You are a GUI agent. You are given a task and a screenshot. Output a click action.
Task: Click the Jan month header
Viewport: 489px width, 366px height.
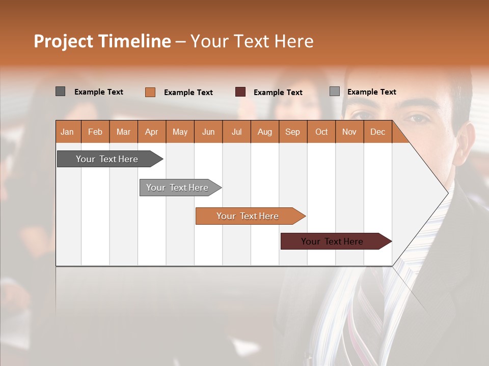click(x=67, y=132)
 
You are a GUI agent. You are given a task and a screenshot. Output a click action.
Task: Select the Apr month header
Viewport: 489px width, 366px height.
click(x=151, y=132)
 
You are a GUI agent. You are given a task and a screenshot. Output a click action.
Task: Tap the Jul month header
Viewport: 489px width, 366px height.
click(x=236, y=132)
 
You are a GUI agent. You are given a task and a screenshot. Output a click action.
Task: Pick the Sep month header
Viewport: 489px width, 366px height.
click(x=292, y=132)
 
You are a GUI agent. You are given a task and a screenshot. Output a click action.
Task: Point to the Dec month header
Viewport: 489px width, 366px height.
click(x=377, y=132)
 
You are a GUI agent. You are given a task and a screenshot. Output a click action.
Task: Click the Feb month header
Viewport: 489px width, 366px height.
click(x=95, y=132)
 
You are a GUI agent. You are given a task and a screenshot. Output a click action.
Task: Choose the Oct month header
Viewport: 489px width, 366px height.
click(x=321, y=132)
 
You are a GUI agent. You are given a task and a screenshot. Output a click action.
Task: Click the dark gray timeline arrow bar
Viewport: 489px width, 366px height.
click(x=107, y=159)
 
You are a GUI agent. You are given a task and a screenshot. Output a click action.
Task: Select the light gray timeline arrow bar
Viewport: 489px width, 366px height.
click(x=177, y=188)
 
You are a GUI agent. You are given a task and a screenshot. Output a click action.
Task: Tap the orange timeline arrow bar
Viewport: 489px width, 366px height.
click(x=248, y=216)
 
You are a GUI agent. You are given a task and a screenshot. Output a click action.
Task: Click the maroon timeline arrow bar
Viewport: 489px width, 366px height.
click(x=332, y=241)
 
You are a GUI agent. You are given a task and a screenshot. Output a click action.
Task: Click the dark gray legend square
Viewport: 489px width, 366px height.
click(x=60, y=91)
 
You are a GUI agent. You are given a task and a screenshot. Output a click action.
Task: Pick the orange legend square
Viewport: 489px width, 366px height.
click(x=150, y=92)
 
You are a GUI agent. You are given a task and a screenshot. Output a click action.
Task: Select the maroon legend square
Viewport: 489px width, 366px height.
click(x=240, y=92)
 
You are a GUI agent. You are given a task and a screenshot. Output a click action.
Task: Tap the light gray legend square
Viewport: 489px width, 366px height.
click(x=334, y=91)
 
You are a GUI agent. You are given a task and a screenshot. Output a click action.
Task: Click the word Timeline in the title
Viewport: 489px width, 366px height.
click(x=134, y=41)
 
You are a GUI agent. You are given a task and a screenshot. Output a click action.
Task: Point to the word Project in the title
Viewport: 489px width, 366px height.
click(x=64, y=41)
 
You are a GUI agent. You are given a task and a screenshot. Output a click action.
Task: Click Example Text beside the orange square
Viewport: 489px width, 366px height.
click(x=188, y=93)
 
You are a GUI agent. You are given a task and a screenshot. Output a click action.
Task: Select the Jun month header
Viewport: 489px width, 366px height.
click(x=208, y=132)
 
